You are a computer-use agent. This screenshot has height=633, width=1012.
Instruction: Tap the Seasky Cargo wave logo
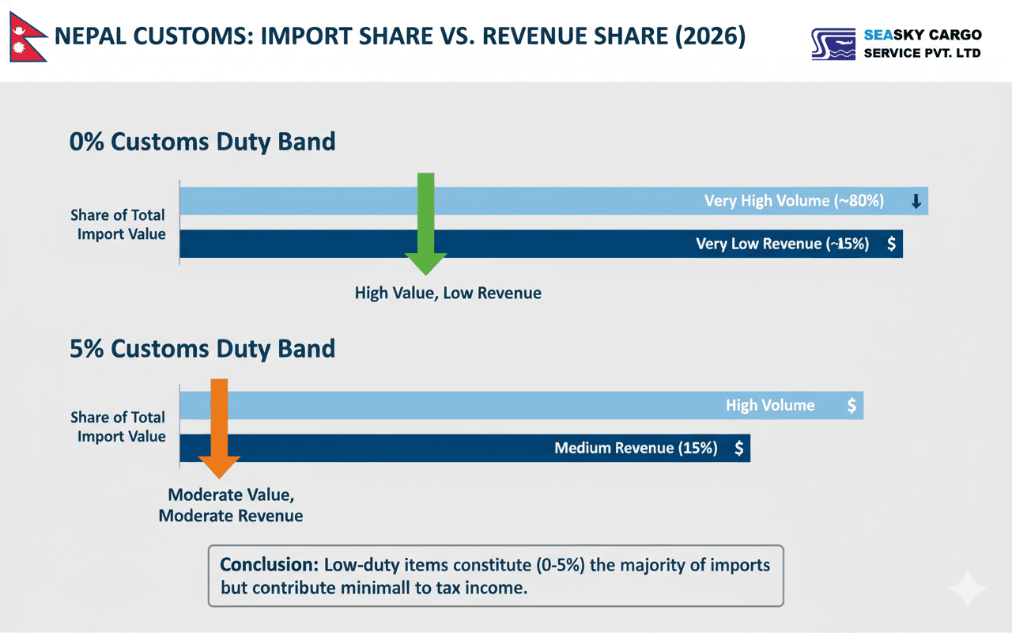tap(833, 44)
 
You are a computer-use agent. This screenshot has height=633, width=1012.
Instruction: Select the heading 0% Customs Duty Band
tap(202, 142)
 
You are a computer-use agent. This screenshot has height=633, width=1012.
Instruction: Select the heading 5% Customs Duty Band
tap(202, 348)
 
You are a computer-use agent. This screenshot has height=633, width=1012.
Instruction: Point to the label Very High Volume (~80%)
tap(794, 201)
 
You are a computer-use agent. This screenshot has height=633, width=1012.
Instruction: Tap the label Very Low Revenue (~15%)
tap(782, 244)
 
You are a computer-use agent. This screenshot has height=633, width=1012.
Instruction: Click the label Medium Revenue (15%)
tap(636, 448)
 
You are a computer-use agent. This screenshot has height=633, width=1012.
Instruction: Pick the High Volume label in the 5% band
tap(770, 405)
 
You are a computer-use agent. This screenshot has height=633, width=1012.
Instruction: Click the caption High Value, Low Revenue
tap(447, 293)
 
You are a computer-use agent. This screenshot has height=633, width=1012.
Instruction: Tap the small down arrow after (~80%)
tap(916, 202)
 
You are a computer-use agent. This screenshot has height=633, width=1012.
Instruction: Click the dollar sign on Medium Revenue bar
tap(738, 448)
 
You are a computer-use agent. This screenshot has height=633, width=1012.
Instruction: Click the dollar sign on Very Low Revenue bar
tap(891, 244)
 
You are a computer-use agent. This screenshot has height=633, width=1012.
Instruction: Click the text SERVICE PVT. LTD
tap(922, 53)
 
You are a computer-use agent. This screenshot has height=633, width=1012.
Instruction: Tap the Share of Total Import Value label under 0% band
tap(119, 224)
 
